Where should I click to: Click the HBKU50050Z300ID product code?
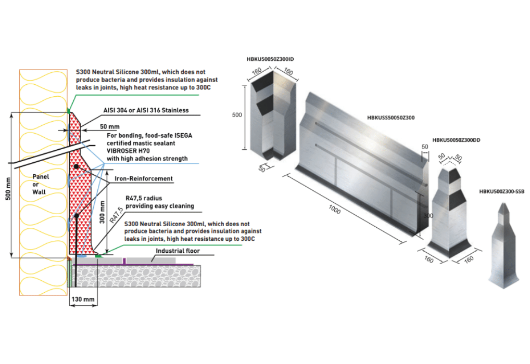coord(273,59)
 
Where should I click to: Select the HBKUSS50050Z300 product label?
coord(390,118)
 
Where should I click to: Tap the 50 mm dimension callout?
coord(109,126)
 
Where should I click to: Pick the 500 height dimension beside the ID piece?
coord(237,115)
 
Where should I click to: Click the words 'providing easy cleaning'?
coord(160,206)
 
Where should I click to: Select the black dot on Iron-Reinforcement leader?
coord(76,166)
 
